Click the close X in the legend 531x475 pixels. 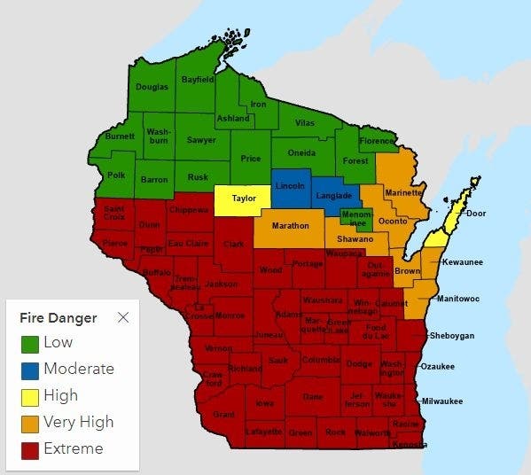pyautogui.click(x=123, y=317)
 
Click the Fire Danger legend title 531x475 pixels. pyautogui.click(x=58, y=318)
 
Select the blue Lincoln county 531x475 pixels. pyautogui.click(x=290, y=186)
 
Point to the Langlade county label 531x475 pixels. pyautogui.click(x=334, y=195)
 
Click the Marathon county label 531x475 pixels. pyautogui.click(x=290, y=226)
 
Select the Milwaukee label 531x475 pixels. pyautogui.click(x=441, y=401)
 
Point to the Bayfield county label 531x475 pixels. pyautogui.click(x=198, y=80)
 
